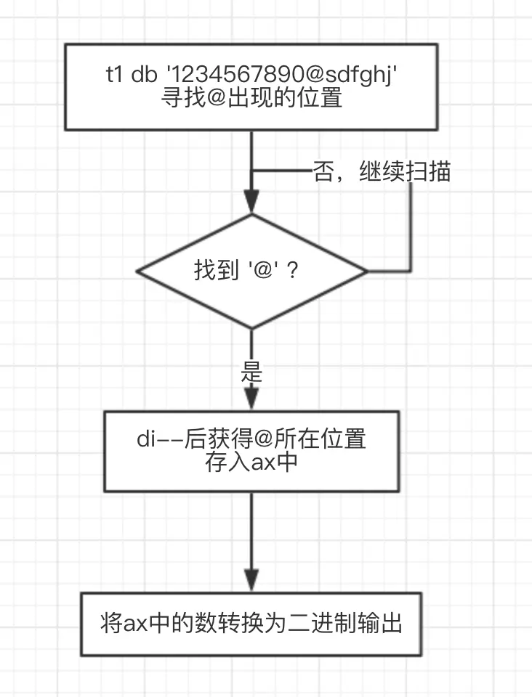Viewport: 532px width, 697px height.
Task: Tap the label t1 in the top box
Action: point(114,74)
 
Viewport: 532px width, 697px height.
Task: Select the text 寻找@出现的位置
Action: point(251,98)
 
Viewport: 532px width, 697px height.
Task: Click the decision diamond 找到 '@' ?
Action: point(251,271)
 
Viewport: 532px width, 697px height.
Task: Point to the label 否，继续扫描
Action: point(382,171)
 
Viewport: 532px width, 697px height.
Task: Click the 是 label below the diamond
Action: point(251,372)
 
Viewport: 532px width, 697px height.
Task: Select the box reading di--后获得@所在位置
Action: point(251,452)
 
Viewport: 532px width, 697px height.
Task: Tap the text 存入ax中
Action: point(251,462)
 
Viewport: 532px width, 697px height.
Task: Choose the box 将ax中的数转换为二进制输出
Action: point(251,624)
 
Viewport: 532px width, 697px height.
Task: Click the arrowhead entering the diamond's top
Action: point(251,203)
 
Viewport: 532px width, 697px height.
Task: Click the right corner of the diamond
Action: point(368,271)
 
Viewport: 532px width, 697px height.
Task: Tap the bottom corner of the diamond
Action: point(251,328)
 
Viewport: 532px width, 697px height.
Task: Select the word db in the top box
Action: point(144,74)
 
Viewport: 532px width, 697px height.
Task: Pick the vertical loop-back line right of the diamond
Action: point(411,227)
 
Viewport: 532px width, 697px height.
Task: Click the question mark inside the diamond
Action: point(293,270)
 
